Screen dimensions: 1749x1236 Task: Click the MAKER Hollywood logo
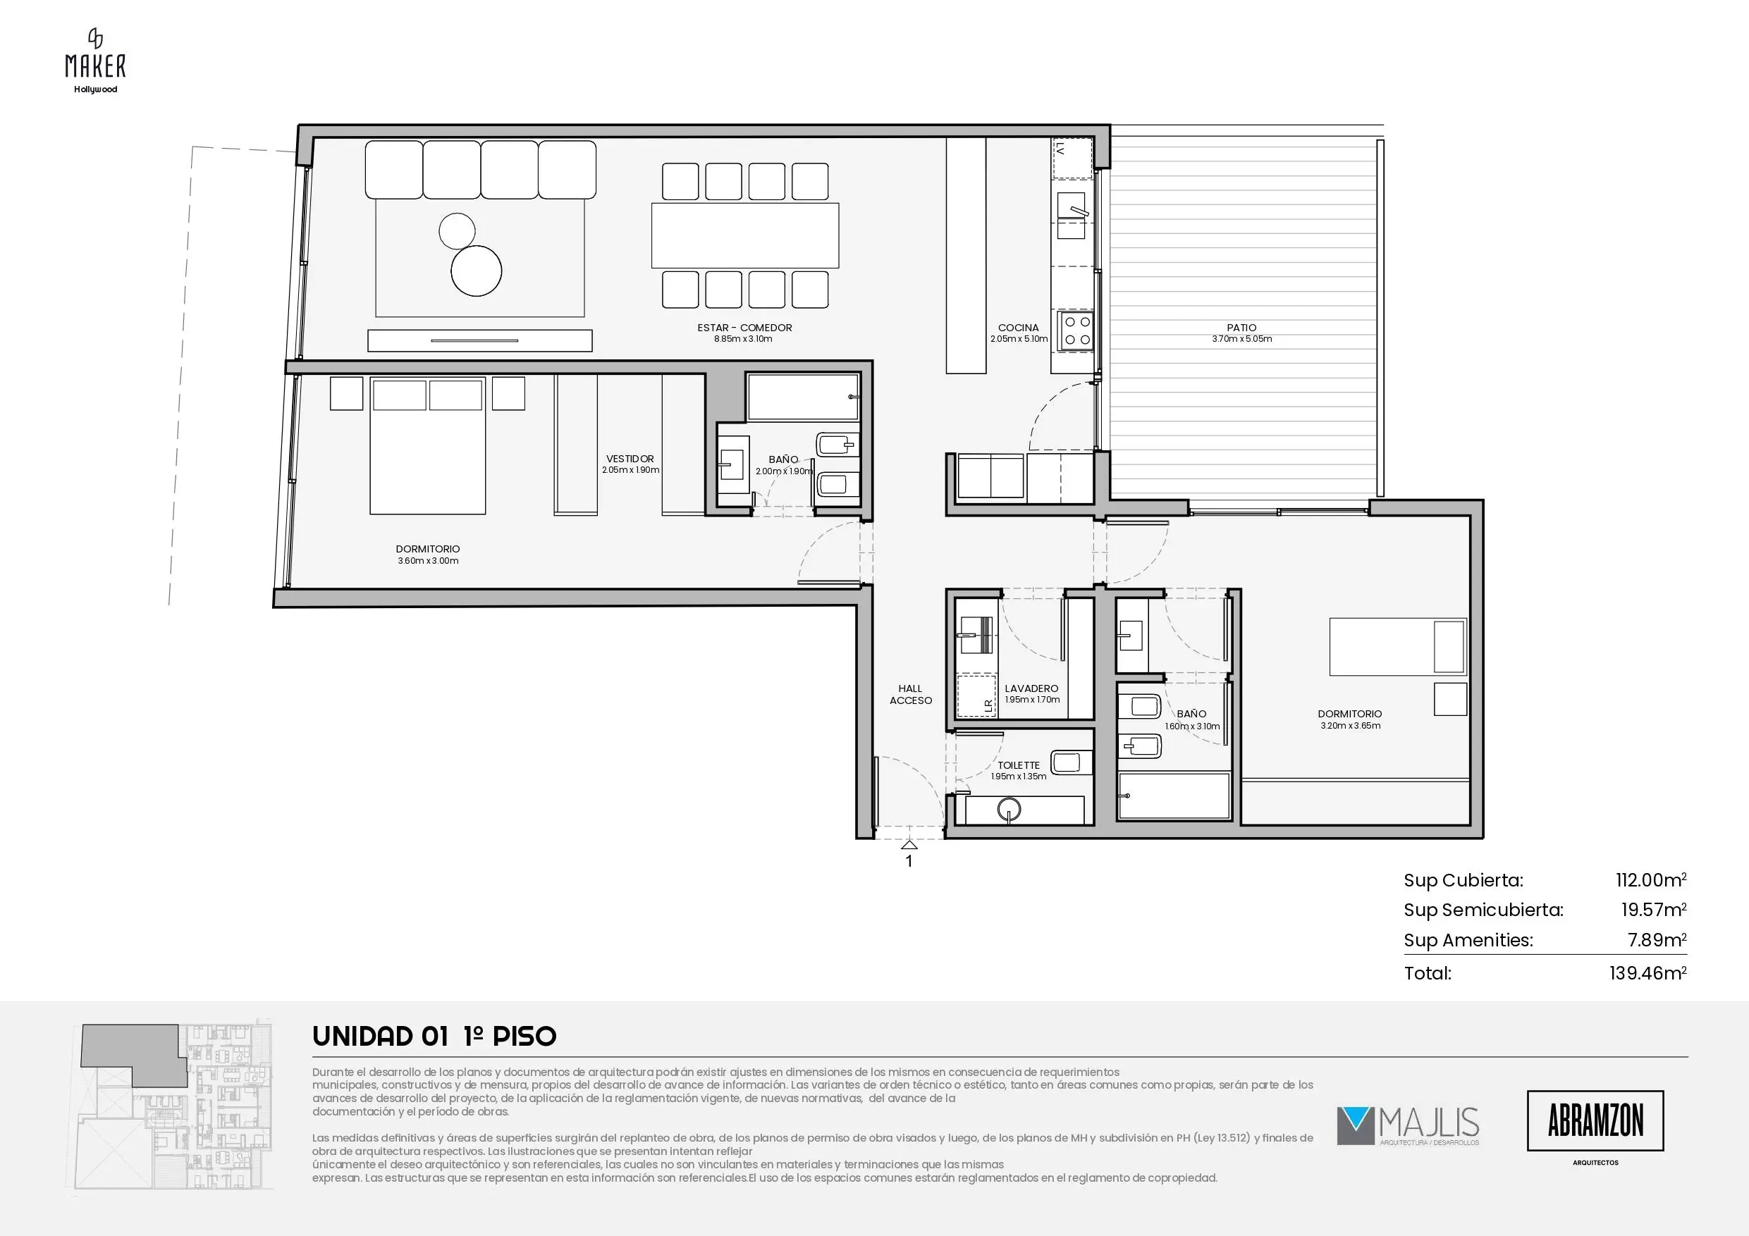point(95,61)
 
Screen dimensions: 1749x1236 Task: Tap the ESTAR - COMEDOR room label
point(744,328)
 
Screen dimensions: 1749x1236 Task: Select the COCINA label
point(1019,328)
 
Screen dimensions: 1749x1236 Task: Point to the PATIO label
point(1241,328)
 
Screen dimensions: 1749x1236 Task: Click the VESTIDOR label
point(630,459)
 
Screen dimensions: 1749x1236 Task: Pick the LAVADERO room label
point(1031,688)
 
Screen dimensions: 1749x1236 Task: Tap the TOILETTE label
point(1019,765)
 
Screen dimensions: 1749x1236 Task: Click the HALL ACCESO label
point(910,695)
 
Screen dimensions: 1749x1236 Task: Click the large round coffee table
point(477,270)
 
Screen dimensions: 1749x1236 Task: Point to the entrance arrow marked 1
point(909,845)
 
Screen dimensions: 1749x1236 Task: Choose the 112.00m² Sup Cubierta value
point(1651,880)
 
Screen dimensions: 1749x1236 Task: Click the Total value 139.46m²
point(1647,972)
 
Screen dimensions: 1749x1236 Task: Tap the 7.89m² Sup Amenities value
point(1657,940)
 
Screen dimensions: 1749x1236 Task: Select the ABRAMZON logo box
point(1595,1120)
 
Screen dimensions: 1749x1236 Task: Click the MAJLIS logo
point(1408,1126)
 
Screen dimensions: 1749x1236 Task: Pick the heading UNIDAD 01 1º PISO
point(434,1037)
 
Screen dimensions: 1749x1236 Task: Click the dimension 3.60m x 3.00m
point(428,561)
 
